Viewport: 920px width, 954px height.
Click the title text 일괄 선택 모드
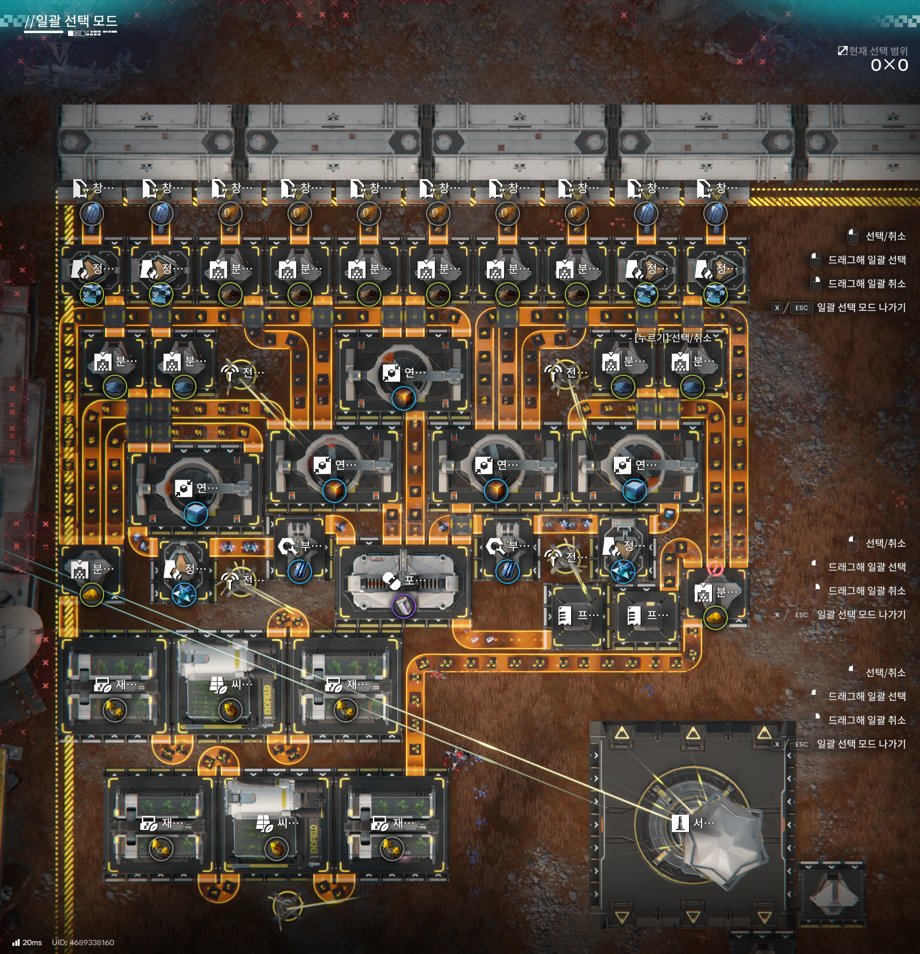coord(76,21)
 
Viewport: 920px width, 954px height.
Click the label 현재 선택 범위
coord(878,51)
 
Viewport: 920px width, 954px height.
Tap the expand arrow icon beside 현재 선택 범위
coord(842,51)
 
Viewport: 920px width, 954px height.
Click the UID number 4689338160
coord(92,943)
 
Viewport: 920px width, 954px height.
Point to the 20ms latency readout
coord(32,943)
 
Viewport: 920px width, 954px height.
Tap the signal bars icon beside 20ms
coord(16,943)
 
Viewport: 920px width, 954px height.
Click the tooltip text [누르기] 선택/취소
coord(672,338)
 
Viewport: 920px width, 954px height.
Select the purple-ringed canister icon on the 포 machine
coord(403,606)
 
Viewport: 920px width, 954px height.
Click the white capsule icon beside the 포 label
coord(391,580)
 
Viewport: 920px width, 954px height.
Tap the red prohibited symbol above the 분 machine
coord(715,568)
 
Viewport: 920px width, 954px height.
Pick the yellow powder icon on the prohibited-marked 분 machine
coord(715,618)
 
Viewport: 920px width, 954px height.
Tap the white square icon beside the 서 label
coord(679,823)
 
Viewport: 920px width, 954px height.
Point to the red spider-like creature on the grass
coord(458,757)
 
